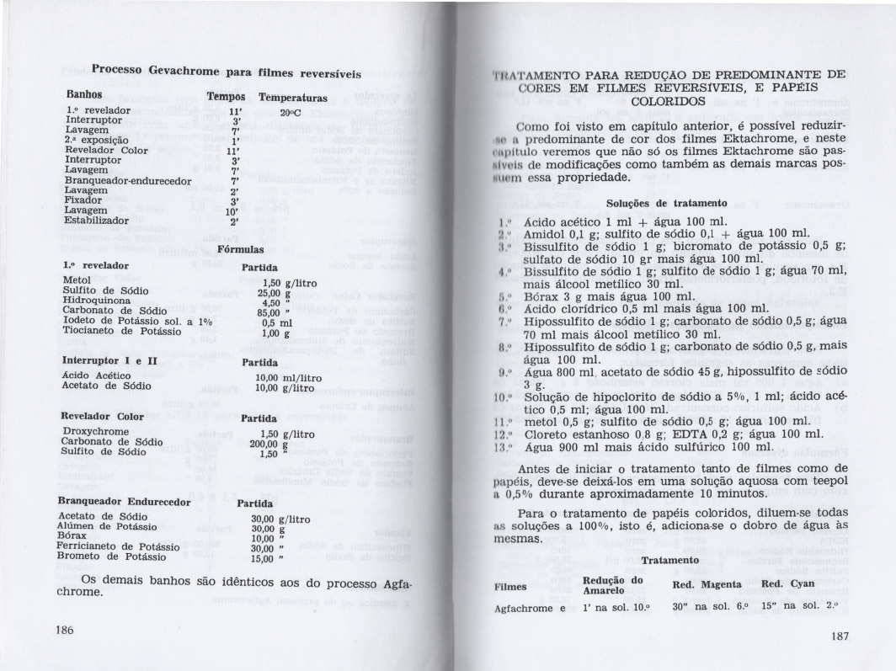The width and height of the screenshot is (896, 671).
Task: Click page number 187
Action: tap(838, 636)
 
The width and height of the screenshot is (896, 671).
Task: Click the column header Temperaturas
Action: tap(293, 97)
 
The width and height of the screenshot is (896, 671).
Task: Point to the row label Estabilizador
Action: tap(97, 221)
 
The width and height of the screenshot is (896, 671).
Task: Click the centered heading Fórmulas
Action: tap(241, 250)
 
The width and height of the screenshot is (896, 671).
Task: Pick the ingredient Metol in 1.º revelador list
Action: tap(77, 279)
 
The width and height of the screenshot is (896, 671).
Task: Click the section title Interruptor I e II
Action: tap(110, 360)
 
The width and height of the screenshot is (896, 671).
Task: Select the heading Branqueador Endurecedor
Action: tap(127, 502)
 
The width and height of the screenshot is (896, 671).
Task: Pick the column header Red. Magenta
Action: tap(706, 585)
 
